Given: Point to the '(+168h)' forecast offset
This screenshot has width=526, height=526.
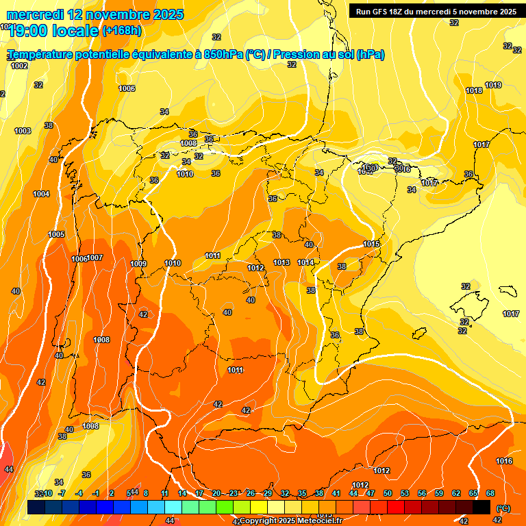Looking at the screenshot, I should pos(121,31).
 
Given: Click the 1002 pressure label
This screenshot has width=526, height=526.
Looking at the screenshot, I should pos(19,66).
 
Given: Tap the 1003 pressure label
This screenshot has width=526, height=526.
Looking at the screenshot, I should pos(23,131).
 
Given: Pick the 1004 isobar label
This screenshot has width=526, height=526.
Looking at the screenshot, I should pos(40,194).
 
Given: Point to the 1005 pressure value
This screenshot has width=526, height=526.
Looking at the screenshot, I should pos(56,234).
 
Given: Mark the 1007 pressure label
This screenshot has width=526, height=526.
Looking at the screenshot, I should pos(95,258).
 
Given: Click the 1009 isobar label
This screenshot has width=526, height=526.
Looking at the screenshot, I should pos(138,264).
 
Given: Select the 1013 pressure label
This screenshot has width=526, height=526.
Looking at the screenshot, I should pos(281,262).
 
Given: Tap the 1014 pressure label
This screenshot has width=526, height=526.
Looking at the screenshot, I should pos(305,262).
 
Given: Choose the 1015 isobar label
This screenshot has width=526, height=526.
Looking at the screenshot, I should pos(371,245).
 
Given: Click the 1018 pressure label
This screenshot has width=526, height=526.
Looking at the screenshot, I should pos(473,90).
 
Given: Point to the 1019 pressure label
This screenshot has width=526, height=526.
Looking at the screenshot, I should pos(493,85).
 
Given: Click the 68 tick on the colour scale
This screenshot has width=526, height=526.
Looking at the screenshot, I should pos(490,494).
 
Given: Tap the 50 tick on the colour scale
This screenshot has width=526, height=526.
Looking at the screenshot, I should pos(388,494).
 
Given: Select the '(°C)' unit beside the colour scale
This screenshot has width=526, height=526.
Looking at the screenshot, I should pos(503,508).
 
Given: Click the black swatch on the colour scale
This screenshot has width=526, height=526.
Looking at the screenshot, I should pos(481,508).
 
